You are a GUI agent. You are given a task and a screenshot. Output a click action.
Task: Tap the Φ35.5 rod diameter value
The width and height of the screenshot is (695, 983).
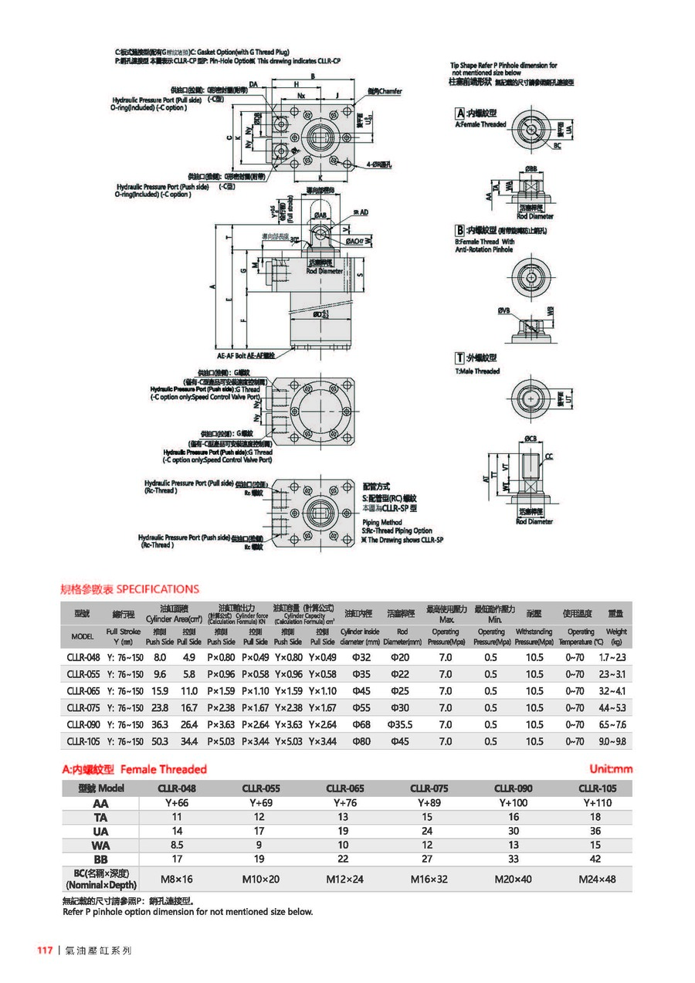point(401,724)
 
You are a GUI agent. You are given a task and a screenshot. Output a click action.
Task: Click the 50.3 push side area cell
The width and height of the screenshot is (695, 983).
point(160,741)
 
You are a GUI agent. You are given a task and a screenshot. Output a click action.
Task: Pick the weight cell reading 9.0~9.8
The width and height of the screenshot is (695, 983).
point(612,741)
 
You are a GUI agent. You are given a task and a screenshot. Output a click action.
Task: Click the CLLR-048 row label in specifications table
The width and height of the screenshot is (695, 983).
point(83,657)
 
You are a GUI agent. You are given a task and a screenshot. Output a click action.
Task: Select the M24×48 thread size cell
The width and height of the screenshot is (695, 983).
point(598,879)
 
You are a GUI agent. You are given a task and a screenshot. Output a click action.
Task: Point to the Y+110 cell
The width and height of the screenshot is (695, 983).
point(598,803)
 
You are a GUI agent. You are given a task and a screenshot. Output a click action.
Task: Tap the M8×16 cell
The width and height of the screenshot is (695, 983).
point(177,879)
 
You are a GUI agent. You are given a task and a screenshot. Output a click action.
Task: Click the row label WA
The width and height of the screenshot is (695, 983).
point(100,845)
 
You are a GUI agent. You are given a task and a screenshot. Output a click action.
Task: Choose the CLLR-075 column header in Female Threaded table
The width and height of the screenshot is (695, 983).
point(429,788)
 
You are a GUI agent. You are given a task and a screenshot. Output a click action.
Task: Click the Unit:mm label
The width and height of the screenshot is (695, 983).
point(610,769)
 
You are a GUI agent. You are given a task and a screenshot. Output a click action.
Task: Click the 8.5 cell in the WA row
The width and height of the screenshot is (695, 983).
point(177,845)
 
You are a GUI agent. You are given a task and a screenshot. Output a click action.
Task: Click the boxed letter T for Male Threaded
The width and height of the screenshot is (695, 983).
point(459,358)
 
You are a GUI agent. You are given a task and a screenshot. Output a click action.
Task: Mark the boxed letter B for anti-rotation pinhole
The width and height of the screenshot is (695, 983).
point(459,230)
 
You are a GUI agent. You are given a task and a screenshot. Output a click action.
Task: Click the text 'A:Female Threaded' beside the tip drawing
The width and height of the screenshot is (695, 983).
point(480,124)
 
